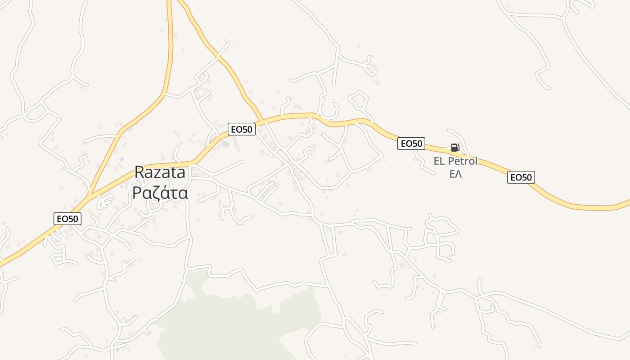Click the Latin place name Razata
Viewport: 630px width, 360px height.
tap(160, 172)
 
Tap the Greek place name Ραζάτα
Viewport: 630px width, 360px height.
tap(160, 193)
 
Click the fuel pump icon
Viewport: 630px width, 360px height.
tap(455, 148)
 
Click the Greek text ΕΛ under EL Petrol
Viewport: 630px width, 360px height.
tap(455, 174)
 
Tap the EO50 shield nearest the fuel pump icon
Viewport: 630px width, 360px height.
tap(411, 144)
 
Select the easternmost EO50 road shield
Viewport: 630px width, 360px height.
tap(521, 177)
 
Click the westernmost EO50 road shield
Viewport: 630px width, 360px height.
tap(67, 219)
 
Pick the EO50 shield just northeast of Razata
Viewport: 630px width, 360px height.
tap(242, 129)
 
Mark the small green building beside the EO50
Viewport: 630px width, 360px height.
tap(225, 144)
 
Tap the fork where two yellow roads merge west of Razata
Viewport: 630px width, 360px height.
tap(90, 196)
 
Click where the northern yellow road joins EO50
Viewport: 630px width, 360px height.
tap(262, 120)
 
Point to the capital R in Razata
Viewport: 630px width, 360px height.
tap(139, 172)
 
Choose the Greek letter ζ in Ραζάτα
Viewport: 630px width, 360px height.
tap(153, 193)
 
